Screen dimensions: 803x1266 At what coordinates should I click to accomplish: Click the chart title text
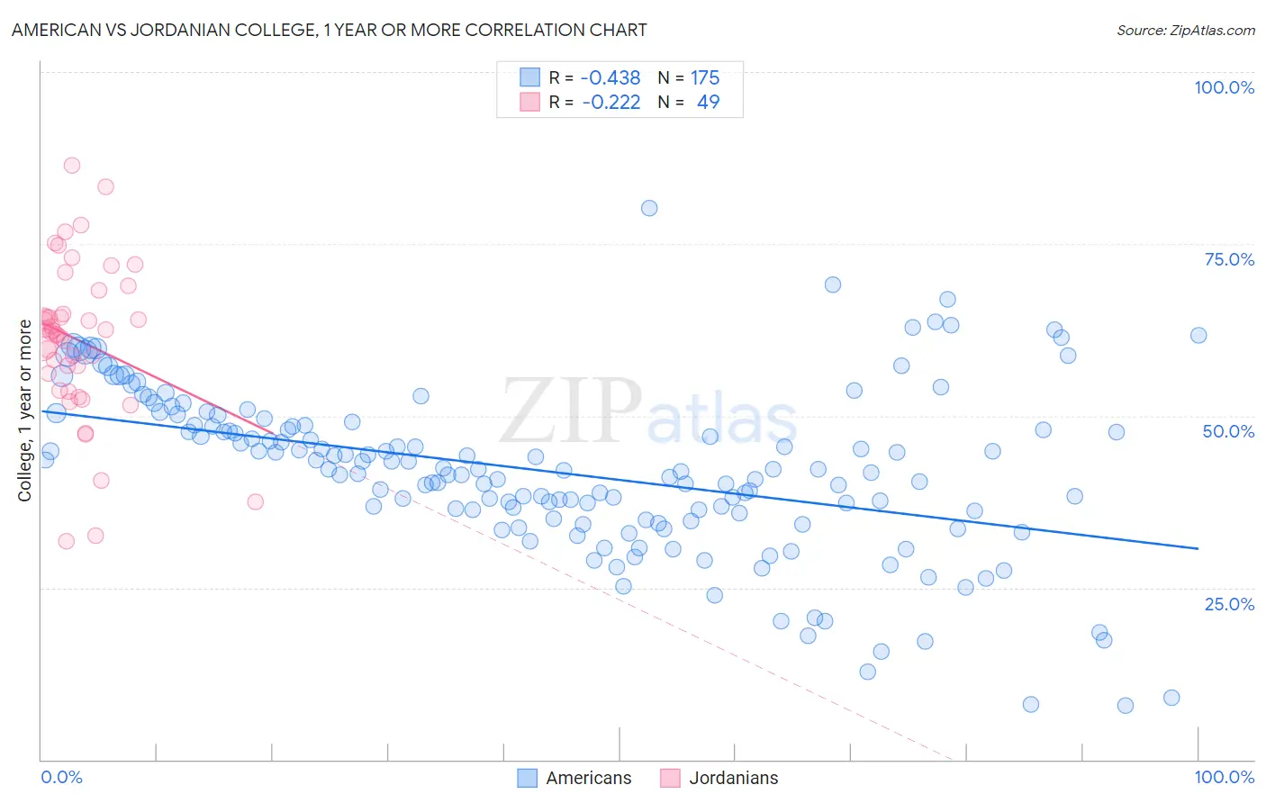point(329,30)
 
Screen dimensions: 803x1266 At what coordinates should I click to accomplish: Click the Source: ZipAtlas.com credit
point(1185,30)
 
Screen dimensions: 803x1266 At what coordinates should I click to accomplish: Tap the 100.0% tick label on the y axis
point(1224,87)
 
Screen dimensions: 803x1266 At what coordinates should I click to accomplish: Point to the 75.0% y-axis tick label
point(1229,259)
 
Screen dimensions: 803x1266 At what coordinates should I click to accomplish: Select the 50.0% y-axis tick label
point(1228,431)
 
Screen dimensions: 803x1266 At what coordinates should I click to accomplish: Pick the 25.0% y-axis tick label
point(1229,603)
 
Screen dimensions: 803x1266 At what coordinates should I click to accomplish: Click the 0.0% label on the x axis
point(61,777)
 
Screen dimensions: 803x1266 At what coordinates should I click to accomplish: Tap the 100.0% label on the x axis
point(1224,777)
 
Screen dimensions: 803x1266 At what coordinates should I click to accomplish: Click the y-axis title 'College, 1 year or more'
point(25,411)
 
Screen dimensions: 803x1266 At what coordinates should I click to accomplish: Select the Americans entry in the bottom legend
point(588,778)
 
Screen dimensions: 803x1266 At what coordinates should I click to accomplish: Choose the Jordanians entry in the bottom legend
point(733,778)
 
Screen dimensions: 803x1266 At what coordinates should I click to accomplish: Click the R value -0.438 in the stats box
point(610,78)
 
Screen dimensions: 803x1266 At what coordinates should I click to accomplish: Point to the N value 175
point(704,78)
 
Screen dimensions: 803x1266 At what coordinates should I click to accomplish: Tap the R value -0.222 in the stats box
point(610,102)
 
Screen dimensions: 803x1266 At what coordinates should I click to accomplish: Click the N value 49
point(708,102)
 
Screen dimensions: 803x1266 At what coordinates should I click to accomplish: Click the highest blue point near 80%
point(649,208)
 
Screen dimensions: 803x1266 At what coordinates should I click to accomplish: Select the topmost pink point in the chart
point(72,166)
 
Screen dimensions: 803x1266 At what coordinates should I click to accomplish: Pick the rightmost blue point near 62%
point(1198,335)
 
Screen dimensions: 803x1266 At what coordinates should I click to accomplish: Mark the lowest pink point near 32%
point(66,541)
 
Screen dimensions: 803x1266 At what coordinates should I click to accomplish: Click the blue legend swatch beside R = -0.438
point(529,78)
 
